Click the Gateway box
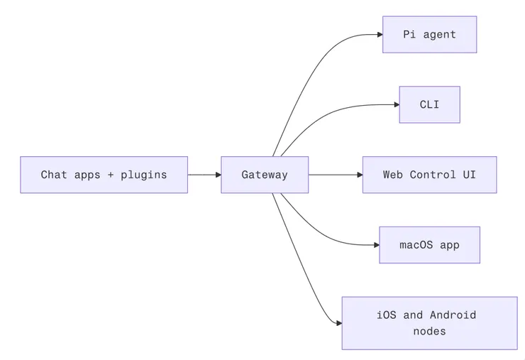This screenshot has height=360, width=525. coord(265,175)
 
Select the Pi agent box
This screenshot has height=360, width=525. coord(429,34)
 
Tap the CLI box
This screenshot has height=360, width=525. coord(429,104)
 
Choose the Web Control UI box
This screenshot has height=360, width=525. coord(429,175)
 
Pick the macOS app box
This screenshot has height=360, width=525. coord(429,245)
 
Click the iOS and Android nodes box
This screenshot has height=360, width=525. coord(429,323)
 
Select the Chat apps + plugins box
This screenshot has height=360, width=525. coord(104,175)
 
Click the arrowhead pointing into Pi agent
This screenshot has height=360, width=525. coord(379,34)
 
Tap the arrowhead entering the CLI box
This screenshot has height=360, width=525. coord(396,104)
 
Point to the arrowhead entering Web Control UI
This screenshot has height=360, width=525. coord(359,175)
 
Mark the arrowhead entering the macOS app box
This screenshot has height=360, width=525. coord(376,245)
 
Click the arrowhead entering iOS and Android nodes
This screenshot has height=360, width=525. coord(338,323)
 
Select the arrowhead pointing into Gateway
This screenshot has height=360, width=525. coord(218,175)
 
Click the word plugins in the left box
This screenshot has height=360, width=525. coord(143,175)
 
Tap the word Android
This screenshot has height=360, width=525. coord(453,315)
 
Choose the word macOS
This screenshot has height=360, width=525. coord(416,245)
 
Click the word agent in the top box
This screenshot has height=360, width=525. coord(440,34)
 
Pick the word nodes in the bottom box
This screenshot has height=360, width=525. coord(429,331)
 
